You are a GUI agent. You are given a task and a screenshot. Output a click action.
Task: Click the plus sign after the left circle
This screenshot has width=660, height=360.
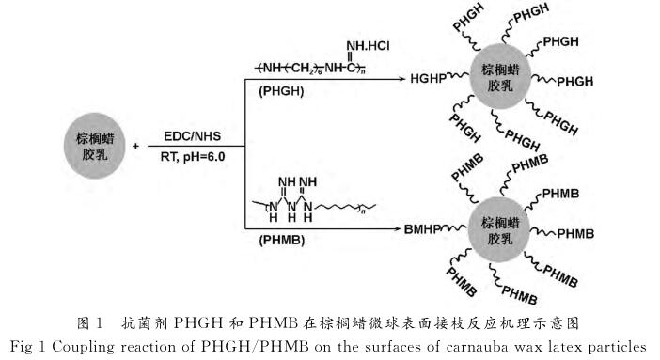[137, 146]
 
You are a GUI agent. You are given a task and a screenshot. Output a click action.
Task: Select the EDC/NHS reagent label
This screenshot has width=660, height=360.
[195, 135]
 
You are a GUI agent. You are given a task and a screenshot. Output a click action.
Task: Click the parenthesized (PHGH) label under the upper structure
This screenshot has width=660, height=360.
[278, 92]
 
